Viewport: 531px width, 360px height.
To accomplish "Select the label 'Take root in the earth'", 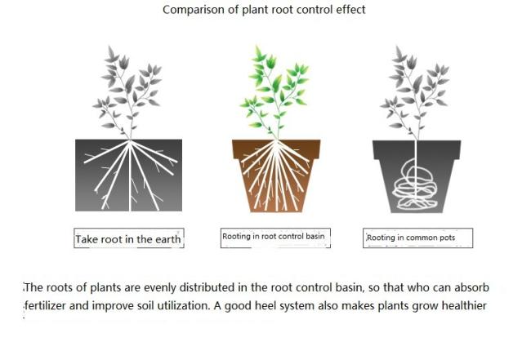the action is coord(128,239).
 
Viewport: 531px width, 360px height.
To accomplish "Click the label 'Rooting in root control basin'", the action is coord(274,236).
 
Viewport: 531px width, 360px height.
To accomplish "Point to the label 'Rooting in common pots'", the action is coord(411,238).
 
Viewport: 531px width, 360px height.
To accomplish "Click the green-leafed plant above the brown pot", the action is coord(274,92).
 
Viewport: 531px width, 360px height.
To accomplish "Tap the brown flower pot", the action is coord(276,176).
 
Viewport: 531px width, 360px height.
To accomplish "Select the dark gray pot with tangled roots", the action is coord(417,176).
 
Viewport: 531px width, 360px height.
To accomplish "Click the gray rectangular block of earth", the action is coord(129,176).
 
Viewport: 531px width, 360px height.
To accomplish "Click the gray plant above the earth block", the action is coord(127,92).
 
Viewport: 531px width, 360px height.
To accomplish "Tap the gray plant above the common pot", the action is coord(415,93).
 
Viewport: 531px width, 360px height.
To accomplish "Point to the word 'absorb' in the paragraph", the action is coord(471,287).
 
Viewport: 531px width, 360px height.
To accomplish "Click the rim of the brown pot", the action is coord(276,149).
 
